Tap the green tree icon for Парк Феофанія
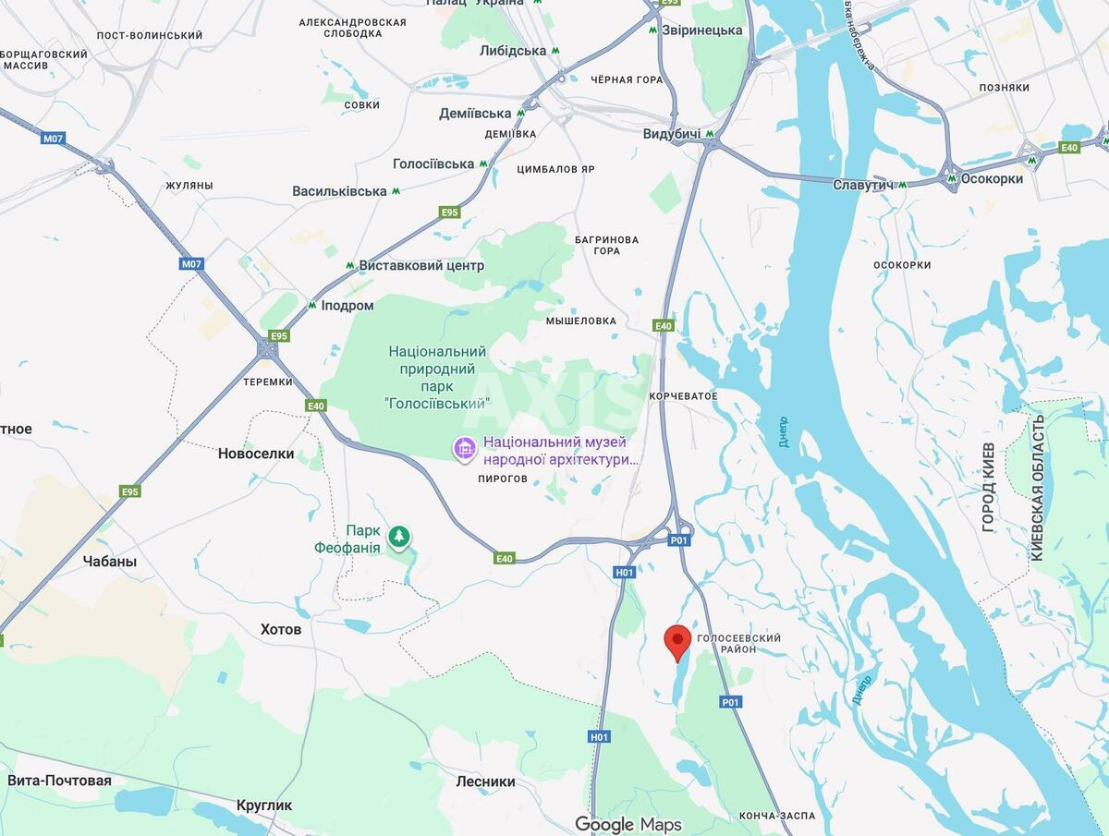[399, 536]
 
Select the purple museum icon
[465, 449]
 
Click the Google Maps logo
[628, 824]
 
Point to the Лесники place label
[485, 781]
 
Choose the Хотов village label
[281, 629]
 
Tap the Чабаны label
[110, 561]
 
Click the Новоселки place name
[256, 454]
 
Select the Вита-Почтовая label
[59, 781]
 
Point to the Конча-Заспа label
[777, 816]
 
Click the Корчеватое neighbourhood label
[683, 396]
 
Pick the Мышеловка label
[580, 321]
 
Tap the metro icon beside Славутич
[901, 185]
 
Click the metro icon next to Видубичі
[709, 134]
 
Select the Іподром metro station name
[347, 306]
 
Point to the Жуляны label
[189, 186]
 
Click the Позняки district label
[1004, 88]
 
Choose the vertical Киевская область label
[1037, 487]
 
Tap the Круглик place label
[264, 805]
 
